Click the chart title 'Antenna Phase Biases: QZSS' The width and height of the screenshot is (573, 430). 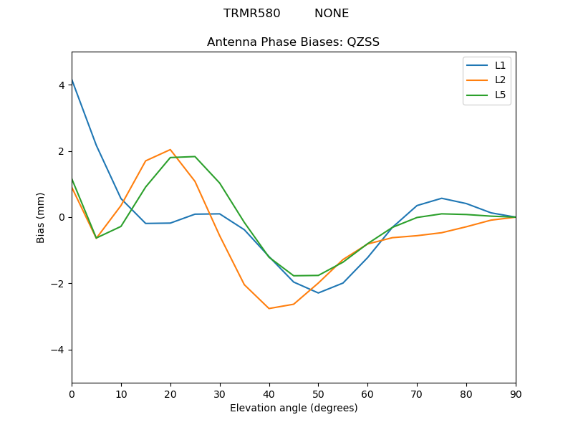[293, 42]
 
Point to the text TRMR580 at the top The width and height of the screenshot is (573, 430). [247, 14]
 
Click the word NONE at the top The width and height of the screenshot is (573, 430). [332, 14]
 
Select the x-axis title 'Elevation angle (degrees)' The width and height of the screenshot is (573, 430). [293, 408]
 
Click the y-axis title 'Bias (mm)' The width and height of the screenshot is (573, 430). [41, 217]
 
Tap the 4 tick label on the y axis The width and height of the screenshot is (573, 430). [62, 85]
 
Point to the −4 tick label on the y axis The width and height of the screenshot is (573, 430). [59, 350]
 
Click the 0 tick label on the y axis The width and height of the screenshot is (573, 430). [62, 217]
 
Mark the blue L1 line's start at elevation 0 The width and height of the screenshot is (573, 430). [72, 80]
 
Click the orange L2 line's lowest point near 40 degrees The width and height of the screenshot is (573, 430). [269, 308]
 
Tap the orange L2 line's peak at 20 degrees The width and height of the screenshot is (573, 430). [170, 150]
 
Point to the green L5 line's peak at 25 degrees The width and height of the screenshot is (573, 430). [195, 156]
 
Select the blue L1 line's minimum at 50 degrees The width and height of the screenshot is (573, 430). [318, 292]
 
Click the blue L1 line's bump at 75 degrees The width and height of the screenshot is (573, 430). [442, 198]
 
